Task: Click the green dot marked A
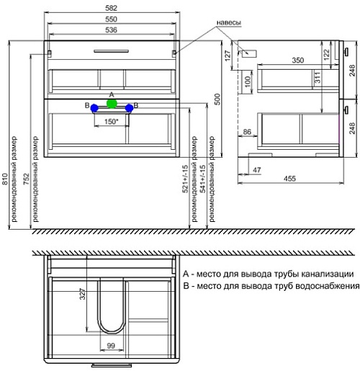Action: [112, 104]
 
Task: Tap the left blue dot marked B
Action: [94, 108]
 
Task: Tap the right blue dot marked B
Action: [130, 108]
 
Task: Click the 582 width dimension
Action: [111, 8]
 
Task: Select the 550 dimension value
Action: [111, 19]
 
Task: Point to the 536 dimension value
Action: [111, 30]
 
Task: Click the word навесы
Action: [229, 22]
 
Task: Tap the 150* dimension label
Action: [112, 122]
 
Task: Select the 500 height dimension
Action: [217, 99]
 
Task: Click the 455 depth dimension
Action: [289, 179]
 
